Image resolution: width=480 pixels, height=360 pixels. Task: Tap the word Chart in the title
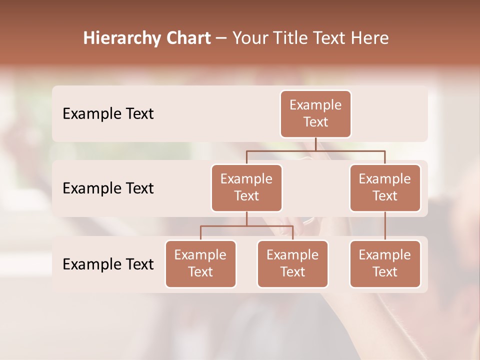pos(187,38)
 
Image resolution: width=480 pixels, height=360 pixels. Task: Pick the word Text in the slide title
pos(331,38)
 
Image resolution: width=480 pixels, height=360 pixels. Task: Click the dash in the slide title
pos(221,39)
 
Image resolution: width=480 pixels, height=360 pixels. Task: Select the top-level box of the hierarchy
pos(315,113)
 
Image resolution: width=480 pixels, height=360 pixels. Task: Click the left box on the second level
pos(246,187)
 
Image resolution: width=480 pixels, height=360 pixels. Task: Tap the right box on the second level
pos(385,187)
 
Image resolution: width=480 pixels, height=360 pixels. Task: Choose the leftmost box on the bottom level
pos(200,263)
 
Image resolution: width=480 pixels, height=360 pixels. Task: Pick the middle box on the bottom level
pos(292,263)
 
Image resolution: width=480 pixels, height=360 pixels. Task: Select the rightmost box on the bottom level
pos(385,263)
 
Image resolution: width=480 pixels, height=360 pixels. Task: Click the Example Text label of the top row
pos(108,113)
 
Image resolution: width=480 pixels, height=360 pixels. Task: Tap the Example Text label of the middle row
pos(108,188)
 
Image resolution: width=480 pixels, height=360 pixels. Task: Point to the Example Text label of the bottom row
pos(108,264)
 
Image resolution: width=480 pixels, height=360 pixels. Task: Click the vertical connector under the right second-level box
pos(385,226)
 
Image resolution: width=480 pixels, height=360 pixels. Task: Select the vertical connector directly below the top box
pos(315,144)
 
